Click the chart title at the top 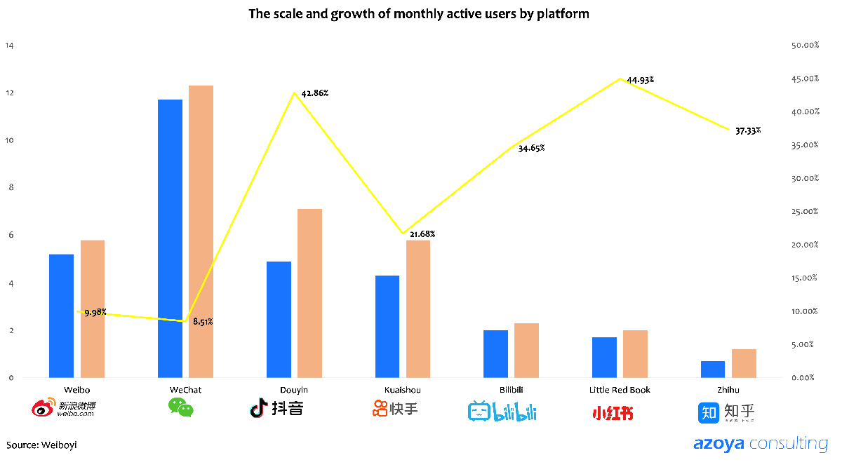pyautogui.click(x=418, y=13)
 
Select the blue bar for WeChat pyautogui.click(x=170, y=238)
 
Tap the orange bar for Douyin pyautogui.click(x=309, y=293)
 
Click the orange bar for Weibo pyautogui.click(x=93, y=309)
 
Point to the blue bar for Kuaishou pyautogui.click(x=387, y=326)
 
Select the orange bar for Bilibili pyautogui.click(x=526, y=350)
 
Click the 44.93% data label pyautogui.click(x=641, y=80)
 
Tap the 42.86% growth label pyautogui.click(x=315, y=93)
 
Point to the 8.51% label pyautogui.click(x=203, y=322)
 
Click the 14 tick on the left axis pyautogui.click(x=9, y=46)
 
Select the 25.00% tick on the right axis pyautogui.click(x=805, y=212)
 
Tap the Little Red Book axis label pyautogui.click(x=620, y=390)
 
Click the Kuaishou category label pyautogui.click(x=403, y=390)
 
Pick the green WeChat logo pyautogui.click(x=180, y=407)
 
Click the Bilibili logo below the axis pyautogui.click(x=502, y=412)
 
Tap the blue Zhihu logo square pyautogui.click(x=709, y=412)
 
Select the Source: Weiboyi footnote pyautogui.click(x=41, y=445)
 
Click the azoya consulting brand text pyautogui.click(x=760, y=444)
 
